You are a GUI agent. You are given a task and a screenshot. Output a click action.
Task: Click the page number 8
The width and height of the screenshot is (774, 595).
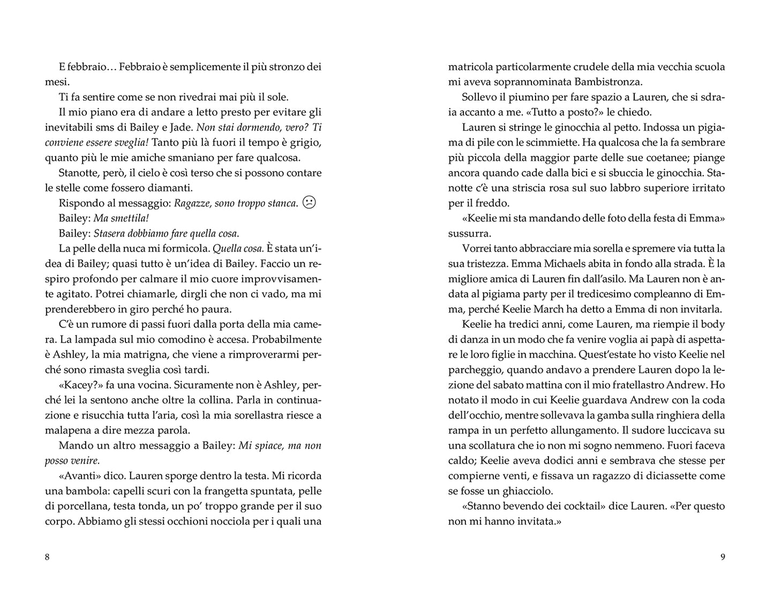pos(47,557)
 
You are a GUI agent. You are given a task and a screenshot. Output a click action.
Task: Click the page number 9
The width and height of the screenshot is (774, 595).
pos(723,557)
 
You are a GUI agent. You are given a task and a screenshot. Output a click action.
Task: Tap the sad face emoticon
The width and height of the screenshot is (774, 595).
pos(309,203)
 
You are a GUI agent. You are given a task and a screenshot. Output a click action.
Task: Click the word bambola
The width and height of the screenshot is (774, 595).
pos(80,490)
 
